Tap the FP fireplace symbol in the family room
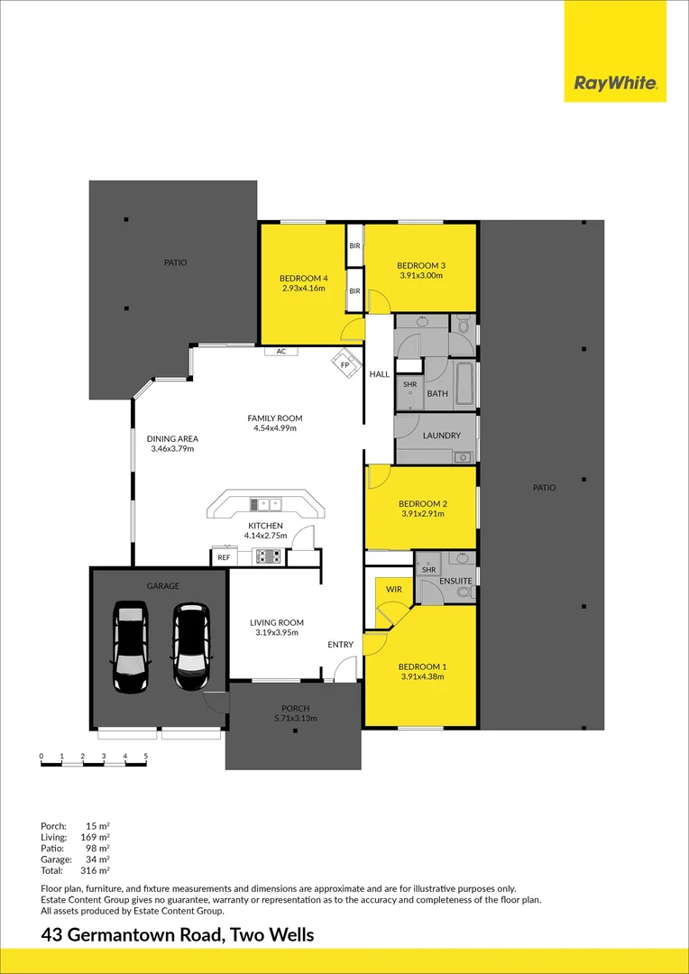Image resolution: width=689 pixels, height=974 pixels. point(344,364)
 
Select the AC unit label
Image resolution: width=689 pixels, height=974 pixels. point(281,351)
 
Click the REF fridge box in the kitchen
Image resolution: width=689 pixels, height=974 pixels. point(224,558)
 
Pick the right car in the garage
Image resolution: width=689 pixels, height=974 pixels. point(191,647)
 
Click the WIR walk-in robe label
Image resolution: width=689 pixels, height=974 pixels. point(393,589)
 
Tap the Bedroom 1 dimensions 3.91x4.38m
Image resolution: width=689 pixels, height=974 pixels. point(421,676)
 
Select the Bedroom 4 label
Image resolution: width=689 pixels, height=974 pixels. point(303,278)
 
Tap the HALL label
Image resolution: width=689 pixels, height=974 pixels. point(379,373)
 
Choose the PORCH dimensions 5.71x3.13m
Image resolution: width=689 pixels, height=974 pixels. point(294,718)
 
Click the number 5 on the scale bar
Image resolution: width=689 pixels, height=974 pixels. point(145,756)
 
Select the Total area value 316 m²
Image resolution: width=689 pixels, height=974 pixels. point(96,871)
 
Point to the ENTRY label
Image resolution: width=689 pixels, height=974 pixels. point(340,644)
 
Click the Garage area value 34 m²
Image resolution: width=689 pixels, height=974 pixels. point(96,859)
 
